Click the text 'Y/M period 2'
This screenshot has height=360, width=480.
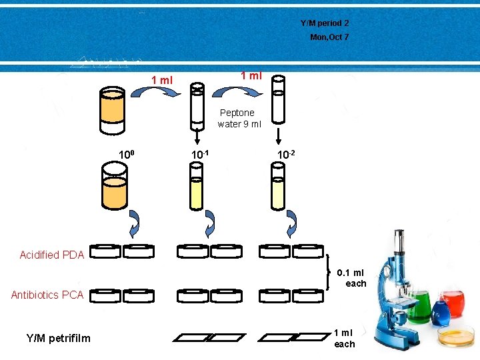tap(325, 23)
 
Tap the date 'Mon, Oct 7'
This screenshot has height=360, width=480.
tap(329, 37)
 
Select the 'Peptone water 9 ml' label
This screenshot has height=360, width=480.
tap(239, 118)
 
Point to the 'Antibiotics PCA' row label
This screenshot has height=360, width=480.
tap(47, 295)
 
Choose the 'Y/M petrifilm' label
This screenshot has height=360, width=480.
tap(59, 338)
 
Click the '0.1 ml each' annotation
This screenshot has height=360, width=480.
tap(351, 278)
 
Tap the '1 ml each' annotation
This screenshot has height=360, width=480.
tap(345, 338)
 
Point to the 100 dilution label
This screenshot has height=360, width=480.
tap(127, 155)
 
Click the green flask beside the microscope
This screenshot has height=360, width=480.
tap(418, 307)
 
